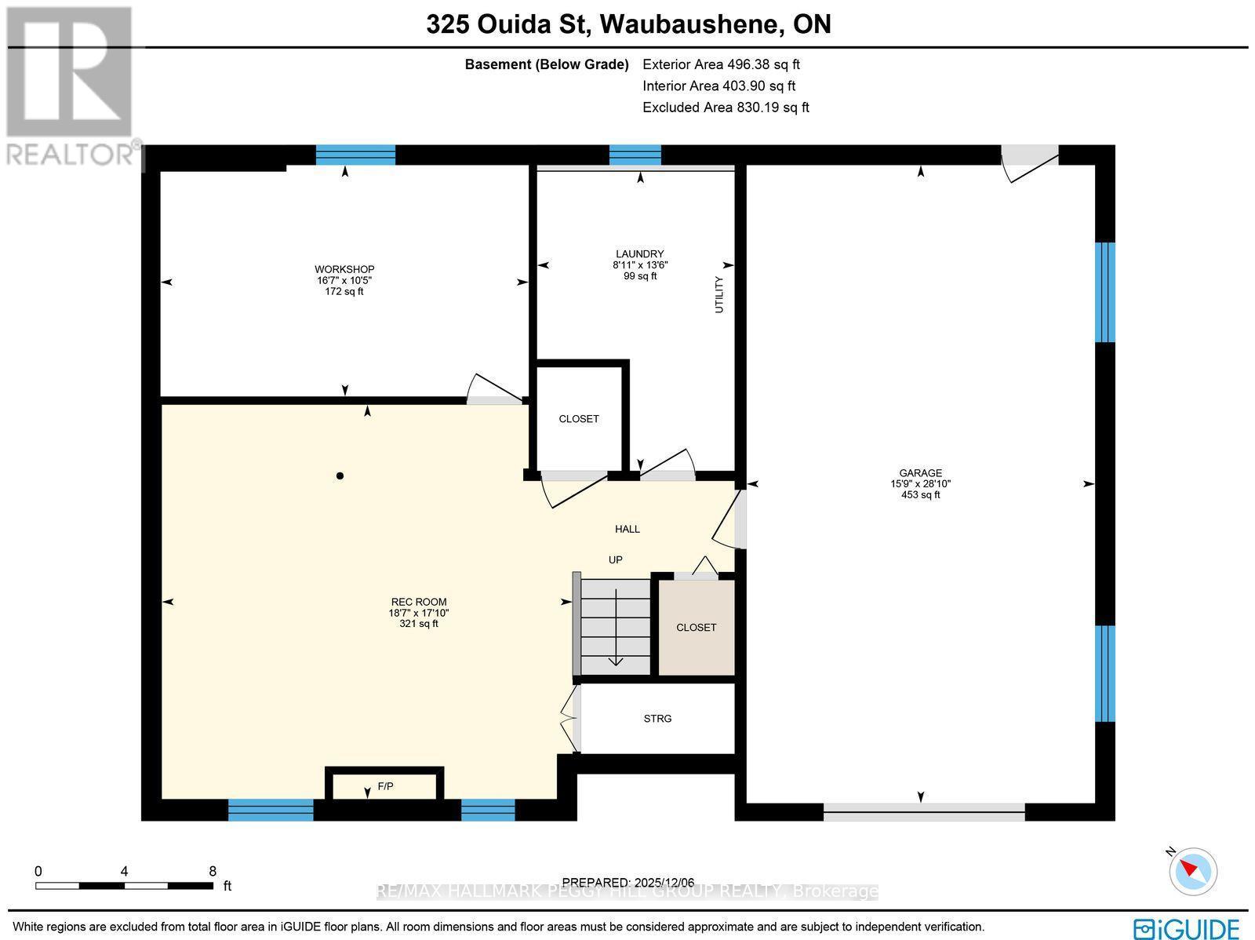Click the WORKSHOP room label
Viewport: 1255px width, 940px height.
344,269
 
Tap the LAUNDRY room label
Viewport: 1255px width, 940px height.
639,253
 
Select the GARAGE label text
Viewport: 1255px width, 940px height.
920,473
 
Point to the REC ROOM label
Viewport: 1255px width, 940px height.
418,602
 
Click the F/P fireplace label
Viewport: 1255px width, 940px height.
385,786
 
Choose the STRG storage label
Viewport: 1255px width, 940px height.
657,718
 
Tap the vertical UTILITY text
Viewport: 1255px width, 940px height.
719,295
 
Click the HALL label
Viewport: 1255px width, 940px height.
627,529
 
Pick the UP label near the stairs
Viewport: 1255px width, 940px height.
616,559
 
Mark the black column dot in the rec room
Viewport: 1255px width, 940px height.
340,475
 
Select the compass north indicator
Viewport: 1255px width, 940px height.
1192,870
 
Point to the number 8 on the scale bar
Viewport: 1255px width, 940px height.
213,870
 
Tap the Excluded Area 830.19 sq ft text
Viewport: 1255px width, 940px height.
726,107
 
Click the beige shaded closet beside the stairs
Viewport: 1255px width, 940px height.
696,627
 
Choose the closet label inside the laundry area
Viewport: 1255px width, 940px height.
579,419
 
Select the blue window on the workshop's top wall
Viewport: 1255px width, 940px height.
355,155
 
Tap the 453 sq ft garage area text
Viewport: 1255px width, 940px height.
920,495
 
